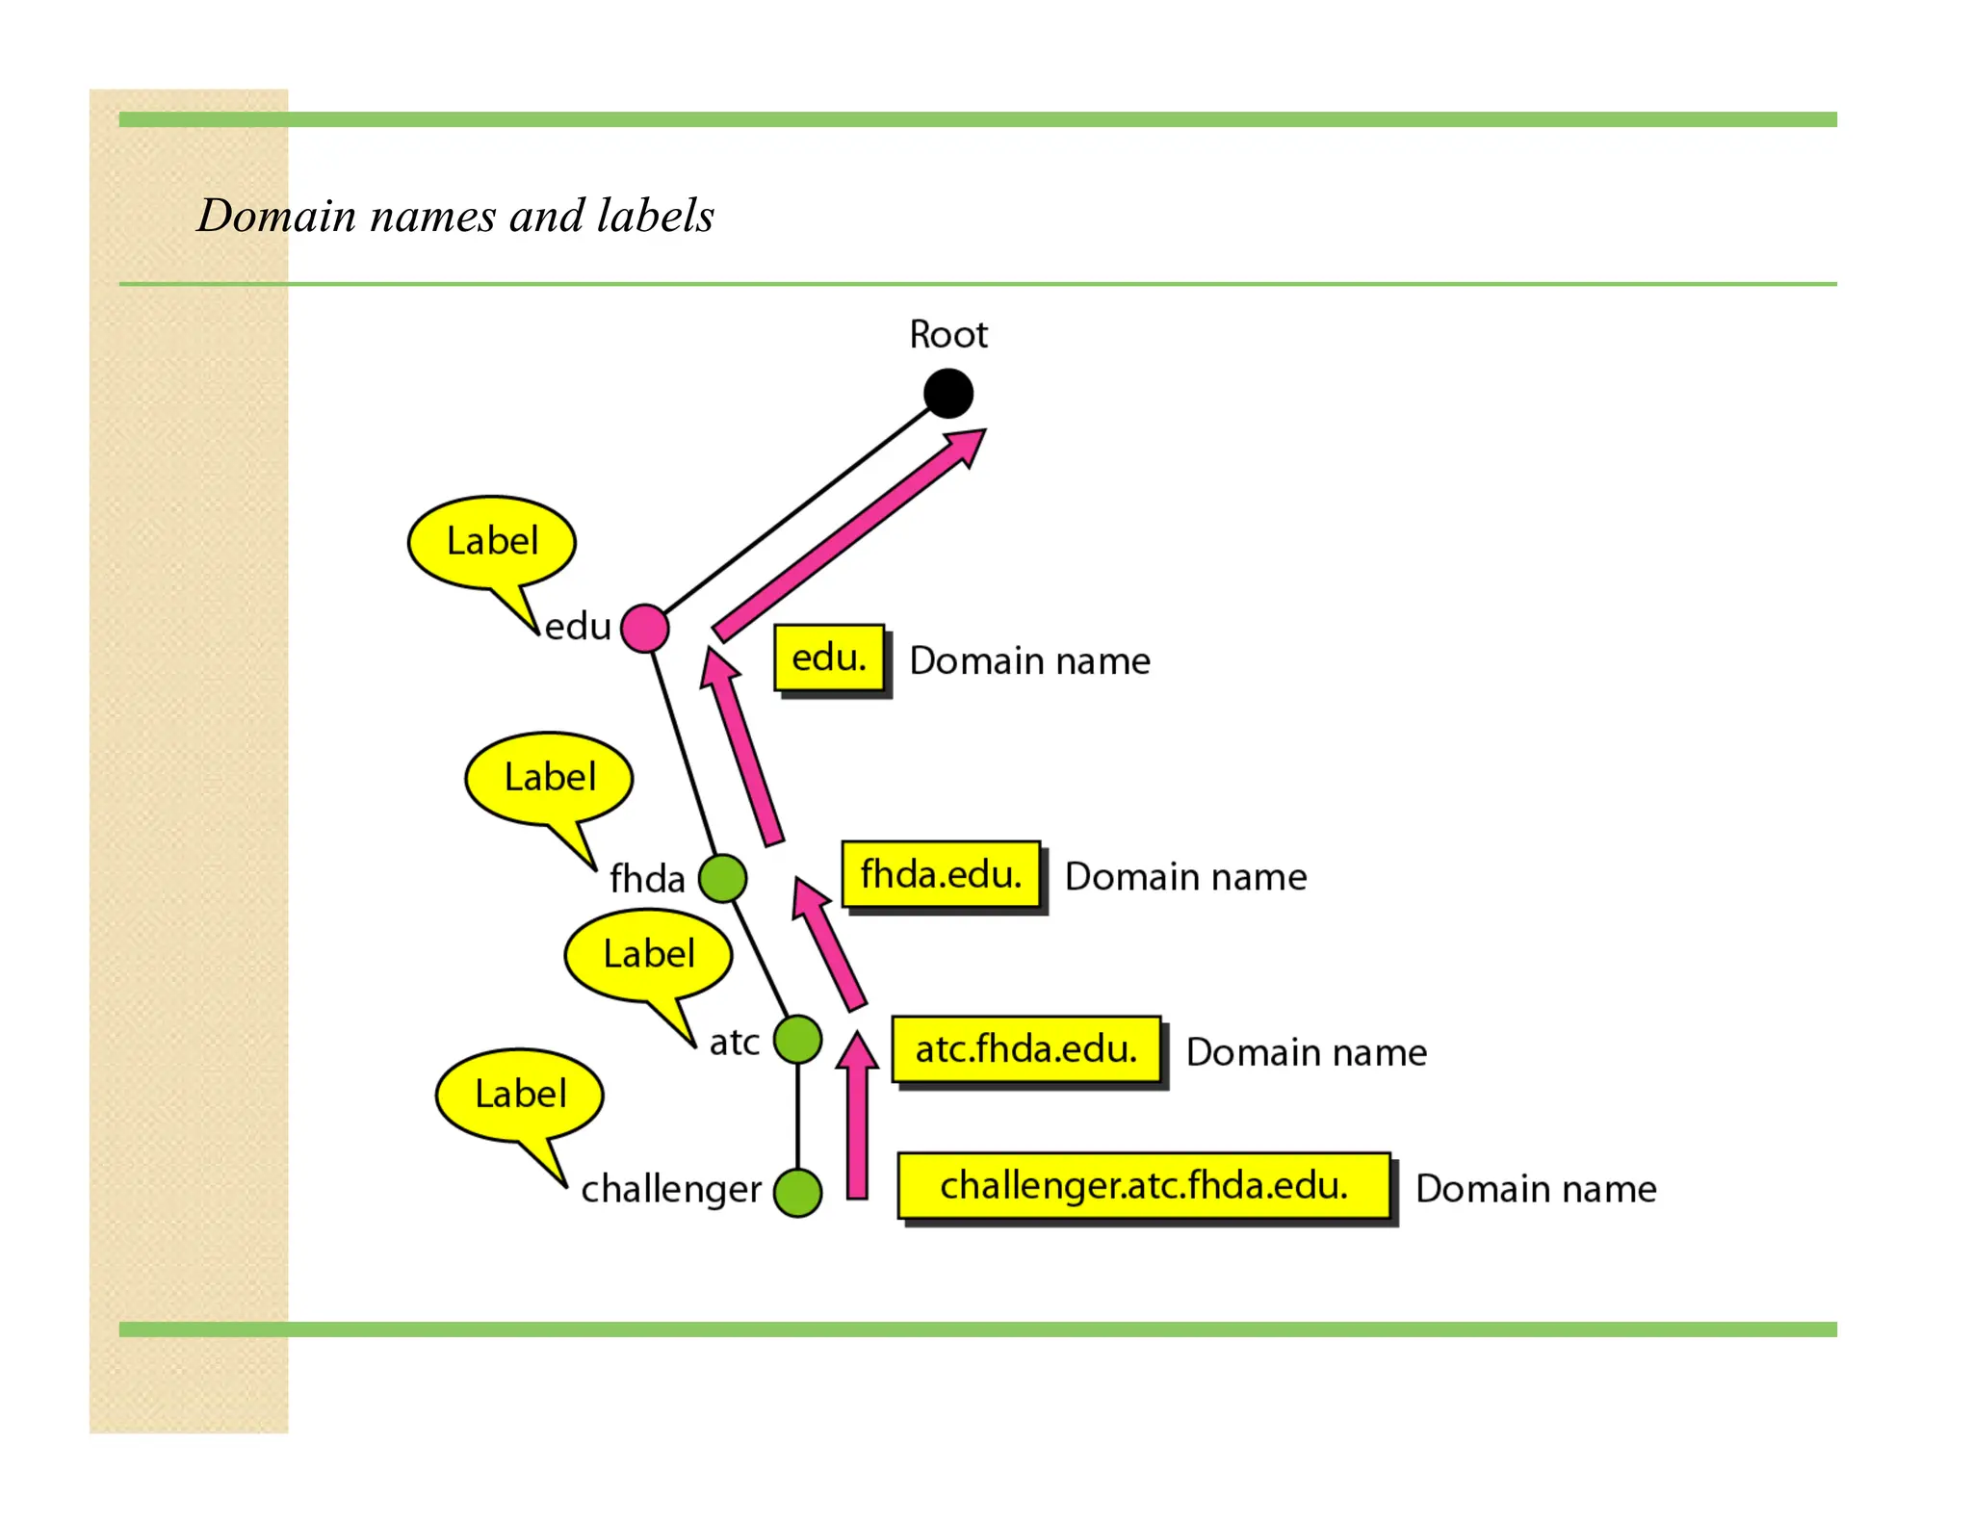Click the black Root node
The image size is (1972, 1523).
click(947, 394)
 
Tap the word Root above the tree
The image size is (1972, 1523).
click(947, 335)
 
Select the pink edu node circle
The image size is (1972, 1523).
click(644, 629)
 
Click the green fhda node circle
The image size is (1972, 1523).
click(722, 877)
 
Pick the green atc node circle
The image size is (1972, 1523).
click(797, 1040)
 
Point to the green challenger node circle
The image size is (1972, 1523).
click(797, 1193)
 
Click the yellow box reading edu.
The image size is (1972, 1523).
click(829, 658)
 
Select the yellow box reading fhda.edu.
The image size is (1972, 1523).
click(941, 874)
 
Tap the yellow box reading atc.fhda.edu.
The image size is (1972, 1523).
click(1026, 1049)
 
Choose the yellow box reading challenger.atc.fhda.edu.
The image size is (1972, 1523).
click(1144, 1186)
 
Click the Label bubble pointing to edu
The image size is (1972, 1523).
click(492, 542)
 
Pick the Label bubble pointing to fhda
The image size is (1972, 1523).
click(549, 778)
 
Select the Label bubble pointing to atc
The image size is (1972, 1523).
click(648, 955)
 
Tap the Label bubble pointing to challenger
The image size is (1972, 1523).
click(520, 1095)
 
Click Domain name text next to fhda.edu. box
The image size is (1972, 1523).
click(1185, 877)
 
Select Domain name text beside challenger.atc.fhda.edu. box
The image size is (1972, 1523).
click(1536, 1189)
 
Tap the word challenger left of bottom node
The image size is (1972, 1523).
click(671, 1190)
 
